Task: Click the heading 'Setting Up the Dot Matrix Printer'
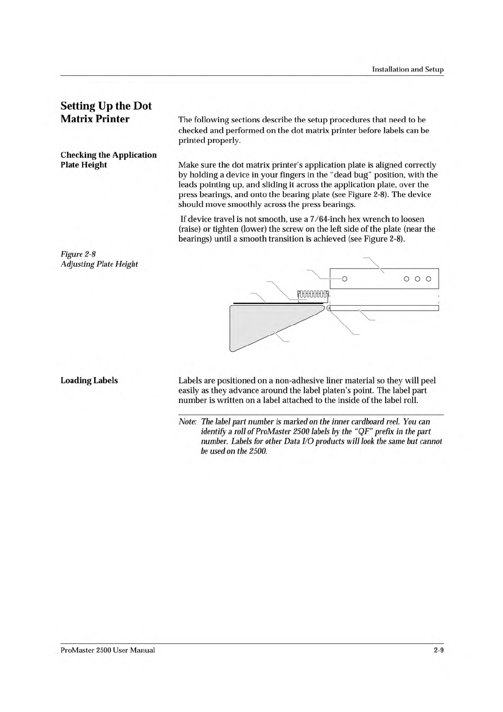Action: pyautogui.click(x=106, y=112)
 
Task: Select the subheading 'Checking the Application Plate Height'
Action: pyautogui.click(x=109, y=160)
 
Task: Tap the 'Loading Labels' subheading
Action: pyautogui.click(x=89, y=381)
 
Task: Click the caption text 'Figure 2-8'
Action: pyautogui.click(x=78, y=254)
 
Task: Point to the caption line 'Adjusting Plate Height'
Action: pyautogui.click(x=99, y=264)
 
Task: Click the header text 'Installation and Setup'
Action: pyautogui.click(x=408, y=69)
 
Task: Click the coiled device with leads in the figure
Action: pyautogui.click(x=313, y=294)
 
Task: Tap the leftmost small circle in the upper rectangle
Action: pyautogui.click(x=344, y=279)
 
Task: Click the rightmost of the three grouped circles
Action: pyautogui.click(x=429, y=279)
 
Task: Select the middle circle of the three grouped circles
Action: pyautogui.click(x=418, y=279)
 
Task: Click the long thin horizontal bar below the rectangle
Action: pyautogui.click(x=384, y=308)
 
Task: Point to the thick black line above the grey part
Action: pyautogui.click(x=279, y=303)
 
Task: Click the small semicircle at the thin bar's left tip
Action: pyautogui.click(x=328, y=308)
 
